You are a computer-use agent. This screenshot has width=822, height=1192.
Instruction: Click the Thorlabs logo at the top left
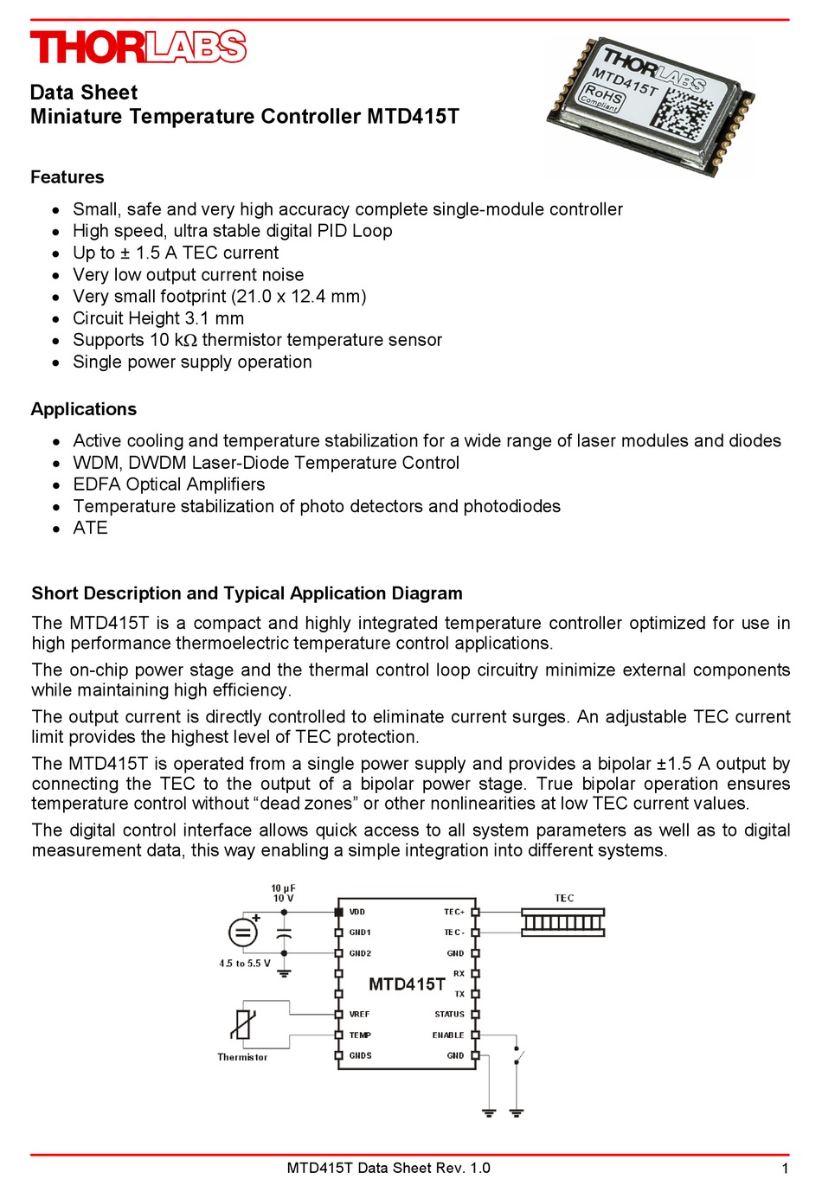(x=138, y=47)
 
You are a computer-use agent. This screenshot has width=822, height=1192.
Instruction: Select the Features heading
(x=67, y=177)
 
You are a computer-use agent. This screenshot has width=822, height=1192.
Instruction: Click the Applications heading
(x=83, y=409)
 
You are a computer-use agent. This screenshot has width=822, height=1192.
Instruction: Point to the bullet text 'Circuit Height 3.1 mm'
(x=158, y=318)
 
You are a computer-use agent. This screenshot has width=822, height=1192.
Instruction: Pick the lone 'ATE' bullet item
(x=90, y=528)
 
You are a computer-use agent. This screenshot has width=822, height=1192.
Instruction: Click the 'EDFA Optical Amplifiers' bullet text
(x=169, y=484)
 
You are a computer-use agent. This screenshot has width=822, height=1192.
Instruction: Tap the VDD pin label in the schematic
(x=357, y=912)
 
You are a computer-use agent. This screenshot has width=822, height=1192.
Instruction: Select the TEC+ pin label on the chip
(x=454, y=912)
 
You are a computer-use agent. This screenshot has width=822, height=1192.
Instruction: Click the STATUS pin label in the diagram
(x=449, y=1014)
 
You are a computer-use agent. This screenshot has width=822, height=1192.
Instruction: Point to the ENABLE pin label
(x=448, y=1035)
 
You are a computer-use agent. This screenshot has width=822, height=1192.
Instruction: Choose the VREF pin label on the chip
(x=359, y=1014)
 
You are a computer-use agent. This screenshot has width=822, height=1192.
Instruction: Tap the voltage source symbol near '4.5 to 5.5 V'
(x=243, y=932)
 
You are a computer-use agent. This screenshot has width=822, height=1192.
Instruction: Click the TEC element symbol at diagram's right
(x=563, y=922)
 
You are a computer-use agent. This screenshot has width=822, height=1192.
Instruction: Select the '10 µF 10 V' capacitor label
(x=283, y=893)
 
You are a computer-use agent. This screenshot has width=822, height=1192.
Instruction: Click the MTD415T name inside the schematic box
(x=407, y=984)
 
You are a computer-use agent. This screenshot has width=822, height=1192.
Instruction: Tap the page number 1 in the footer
(x=785, y=1169)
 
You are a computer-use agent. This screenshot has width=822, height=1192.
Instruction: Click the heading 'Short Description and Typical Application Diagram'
(x=247, y=593)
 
